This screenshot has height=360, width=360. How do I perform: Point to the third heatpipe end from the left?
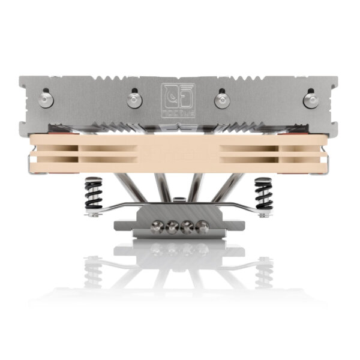(187, 227)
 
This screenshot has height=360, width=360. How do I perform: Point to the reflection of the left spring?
(94, 270)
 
